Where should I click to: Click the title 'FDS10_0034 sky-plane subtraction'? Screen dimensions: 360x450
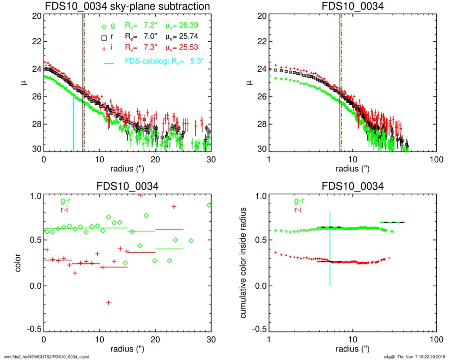pyautogui.click(x=128, y=7)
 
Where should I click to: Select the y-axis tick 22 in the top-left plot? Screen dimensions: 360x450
pyautogui.click(x=36, y=42)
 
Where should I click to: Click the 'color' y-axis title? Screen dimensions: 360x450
pyautogui.click(x=18, y=262)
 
